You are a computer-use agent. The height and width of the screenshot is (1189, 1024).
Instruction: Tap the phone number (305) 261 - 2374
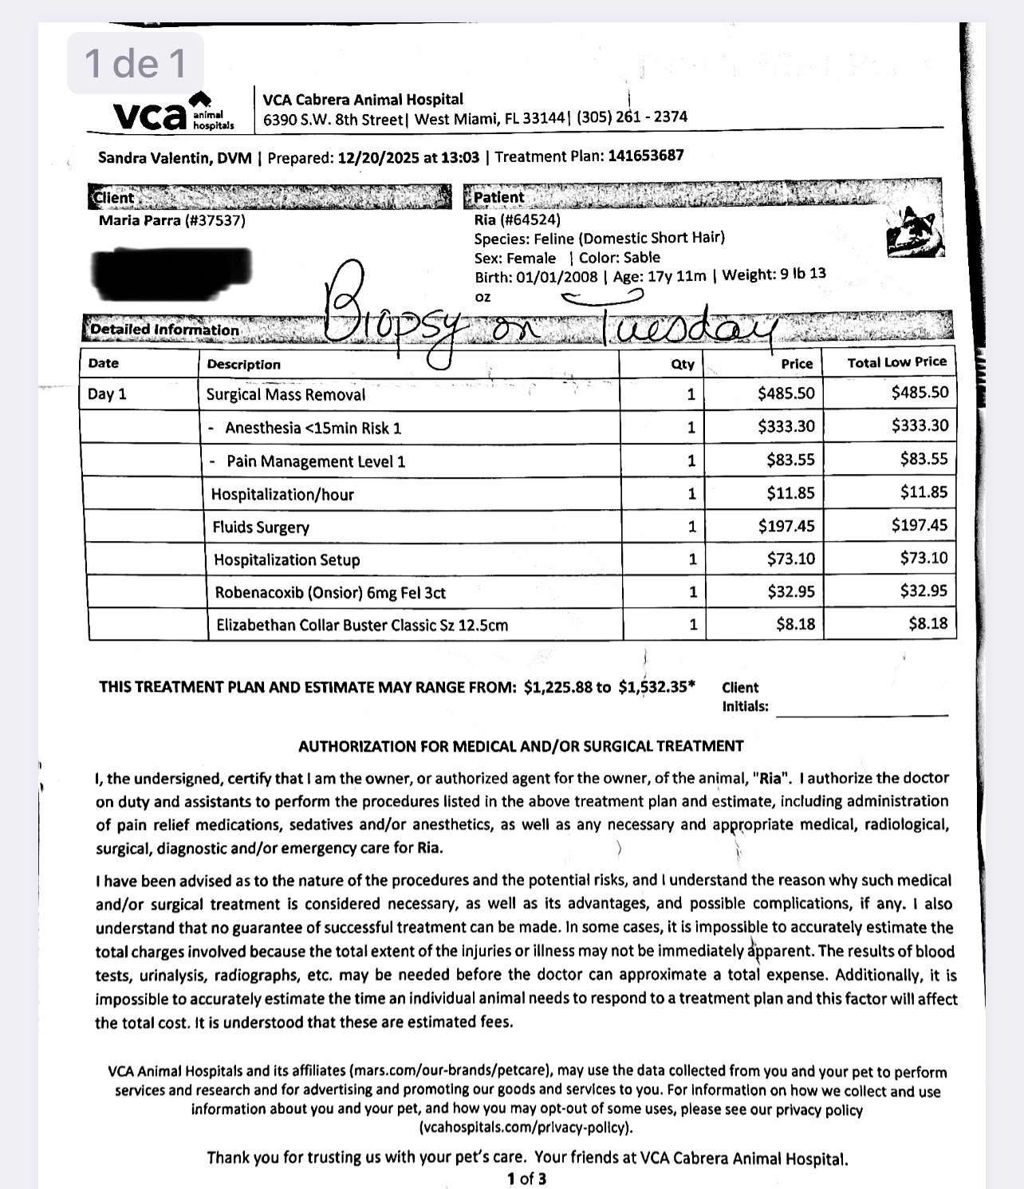tap(632, 117)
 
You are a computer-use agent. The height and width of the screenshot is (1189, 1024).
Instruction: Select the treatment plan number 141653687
tap(645, 155)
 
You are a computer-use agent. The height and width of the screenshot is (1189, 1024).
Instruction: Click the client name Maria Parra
tap(171, 220)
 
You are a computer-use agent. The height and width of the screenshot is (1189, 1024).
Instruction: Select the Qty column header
tap(683, 364)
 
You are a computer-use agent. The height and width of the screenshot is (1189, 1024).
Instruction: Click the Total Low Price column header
tap(896, 362)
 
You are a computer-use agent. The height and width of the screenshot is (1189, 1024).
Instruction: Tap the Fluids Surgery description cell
tap(261, 527)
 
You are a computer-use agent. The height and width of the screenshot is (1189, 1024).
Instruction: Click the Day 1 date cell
tap(108, 394)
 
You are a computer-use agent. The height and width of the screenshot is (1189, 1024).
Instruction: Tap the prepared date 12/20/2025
tap(378, 156)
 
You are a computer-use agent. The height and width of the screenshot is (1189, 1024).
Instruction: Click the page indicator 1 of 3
tap(526, 1179)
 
